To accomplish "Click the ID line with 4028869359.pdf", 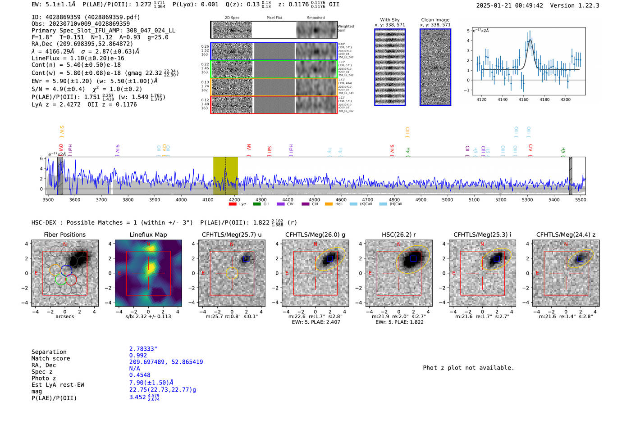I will (x=86, y=17).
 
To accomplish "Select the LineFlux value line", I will (x=78, y=58).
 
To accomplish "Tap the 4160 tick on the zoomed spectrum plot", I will (x=523, y=99).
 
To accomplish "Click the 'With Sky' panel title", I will (x=389, y=20).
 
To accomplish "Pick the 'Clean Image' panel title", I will (x=435, y=20).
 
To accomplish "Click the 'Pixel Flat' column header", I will (x=274, y=18).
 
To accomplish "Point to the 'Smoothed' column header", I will (x=315, y=18).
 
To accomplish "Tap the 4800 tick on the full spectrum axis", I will (x=394, y=199).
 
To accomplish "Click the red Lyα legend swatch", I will (x=233, y=204).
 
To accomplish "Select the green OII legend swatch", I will (x=257, y=204).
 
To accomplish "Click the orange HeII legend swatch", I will (x=329, y=204).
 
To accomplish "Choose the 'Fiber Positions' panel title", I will (x=64, y=235).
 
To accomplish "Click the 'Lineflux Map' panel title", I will (x=148, y=235).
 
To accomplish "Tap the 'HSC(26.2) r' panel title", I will (x=398, y=235).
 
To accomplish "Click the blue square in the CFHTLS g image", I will (x=330, y=258).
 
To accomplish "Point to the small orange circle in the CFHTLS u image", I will (x=232, y=273).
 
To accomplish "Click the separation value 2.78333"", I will (x=143, y=349).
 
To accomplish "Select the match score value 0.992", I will (x=138, y=355).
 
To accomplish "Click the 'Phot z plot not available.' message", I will (x=468, y=368).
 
